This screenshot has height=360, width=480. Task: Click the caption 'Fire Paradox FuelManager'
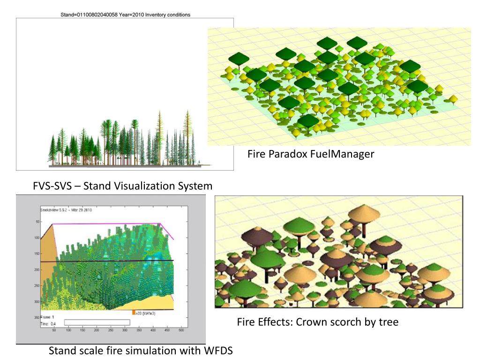pos(311,154)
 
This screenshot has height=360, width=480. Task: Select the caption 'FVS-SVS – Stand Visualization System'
pos(122,186)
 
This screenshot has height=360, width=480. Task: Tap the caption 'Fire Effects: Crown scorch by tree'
pos(317,322)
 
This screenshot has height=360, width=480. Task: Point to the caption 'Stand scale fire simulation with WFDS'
pos(141,351)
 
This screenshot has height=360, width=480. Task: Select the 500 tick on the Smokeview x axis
pos(181,330)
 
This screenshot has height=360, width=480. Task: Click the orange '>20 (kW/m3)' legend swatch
pos(134,313)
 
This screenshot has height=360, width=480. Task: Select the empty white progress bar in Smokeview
pos(97,322)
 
